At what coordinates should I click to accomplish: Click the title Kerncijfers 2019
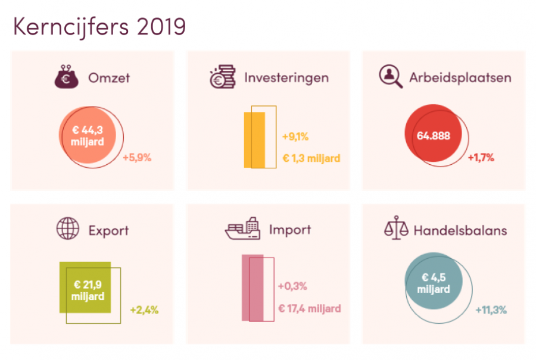99,27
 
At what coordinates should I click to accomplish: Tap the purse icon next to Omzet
66,77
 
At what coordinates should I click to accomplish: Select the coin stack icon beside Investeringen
222,77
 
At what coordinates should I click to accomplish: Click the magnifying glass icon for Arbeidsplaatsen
391,77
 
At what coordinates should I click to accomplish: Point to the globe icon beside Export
67,228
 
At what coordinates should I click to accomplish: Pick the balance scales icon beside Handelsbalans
396,229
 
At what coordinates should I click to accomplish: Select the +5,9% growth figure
137,158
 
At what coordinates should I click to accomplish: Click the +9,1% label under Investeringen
295,136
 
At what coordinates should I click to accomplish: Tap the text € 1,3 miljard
311,158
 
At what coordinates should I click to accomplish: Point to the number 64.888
434,136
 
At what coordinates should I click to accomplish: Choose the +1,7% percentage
481,158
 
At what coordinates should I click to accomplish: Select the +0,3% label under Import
292,286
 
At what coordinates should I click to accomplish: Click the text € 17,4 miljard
310,308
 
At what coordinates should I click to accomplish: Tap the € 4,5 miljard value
434,283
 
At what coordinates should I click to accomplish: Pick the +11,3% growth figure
491,309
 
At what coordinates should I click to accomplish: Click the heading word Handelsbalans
460,230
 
